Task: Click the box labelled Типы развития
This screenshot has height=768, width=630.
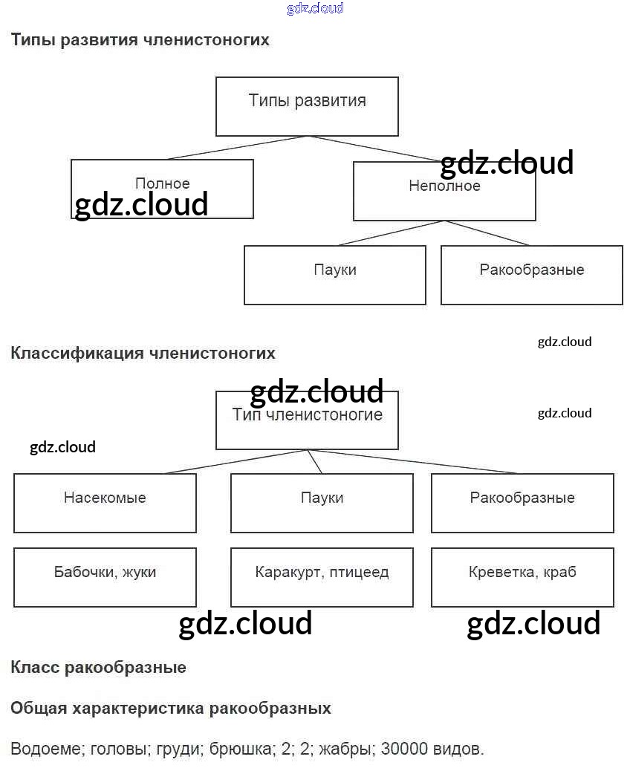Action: (307, 106)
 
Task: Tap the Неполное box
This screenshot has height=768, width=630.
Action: (444, 191)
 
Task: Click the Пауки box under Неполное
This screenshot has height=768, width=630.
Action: (334, 275)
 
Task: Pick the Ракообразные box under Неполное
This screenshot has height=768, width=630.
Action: (531, 275)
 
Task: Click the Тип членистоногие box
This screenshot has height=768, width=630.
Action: (307, 420)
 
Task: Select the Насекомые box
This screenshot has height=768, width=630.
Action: (105, 503)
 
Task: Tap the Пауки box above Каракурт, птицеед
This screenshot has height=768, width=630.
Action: (322, 503)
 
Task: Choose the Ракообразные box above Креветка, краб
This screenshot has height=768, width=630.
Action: (522, 503)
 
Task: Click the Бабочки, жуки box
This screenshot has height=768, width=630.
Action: (105, 577)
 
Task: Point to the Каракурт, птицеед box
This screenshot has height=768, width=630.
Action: (322, 577)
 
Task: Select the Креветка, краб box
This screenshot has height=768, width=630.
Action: (522, 577)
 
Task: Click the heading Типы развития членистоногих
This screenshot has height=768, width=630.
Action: (140, 40)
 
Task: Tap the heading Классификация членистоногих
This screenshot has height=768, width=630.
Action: (143, 354)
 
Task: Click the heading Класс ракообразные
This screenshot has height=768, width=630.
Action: (98, 668)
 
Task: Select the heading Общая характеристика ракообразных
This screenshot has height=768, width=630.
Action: (171, 709)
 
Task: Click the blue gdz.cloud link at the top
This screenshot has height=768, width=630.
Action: (315, 9)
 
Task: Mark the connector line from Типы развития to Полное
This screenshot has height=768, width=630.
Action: (238, 147)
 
